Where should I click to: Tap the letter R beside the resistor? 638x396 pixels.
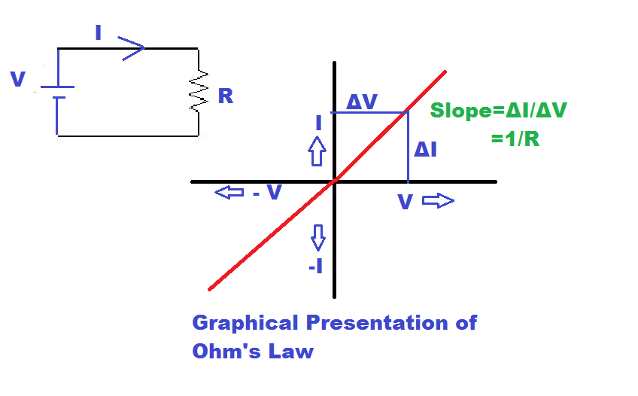pyautogui.click(x=225, y=96)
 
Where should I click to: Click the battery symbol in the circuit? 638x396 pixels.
pyautogui.click(x=57, y=91)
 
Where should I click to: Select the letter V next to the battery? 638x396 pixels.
pyautogui.click(x=19, y=79)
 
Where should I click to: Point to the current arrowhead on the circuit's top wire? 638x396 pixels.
pyautogui.click(x=132, y=50)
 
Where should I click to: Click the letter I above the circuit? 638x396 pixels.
pyautogui.click(x=98, y=32)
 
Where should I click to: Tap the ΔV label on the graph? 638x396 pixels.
pyautogui.click(x=362, y=102)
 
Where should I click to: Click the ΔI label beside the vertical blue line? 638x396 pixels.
pyautogui.click(x=426, y=150)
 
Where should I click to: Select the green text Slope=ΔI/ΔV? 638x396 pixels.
pyautogui.click(x=498, y=111)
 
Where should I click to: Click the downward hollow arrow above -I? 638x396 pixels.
pyautogui.click(x=318, y=237)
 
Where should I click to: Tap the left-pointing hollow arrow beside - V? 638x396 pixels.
pyautogui.click(x=229, y=193)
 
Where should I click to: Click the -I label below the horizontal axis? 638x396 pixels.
pyautogui.click(x=316, y=266)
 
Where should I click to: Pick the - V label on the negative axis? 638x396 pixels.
pyautogui.click(x=267, y=193)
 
